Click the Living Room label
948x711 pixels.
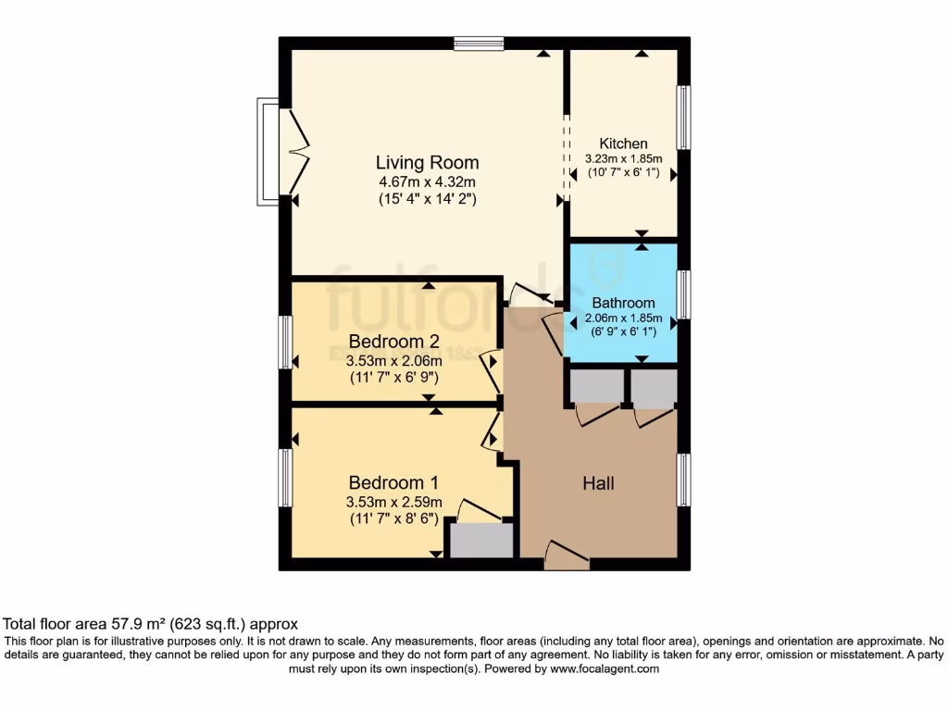pyautogui.click(x=427, y=163)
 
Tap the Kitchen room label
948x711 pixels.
pyautogui.click(x=623, y=143)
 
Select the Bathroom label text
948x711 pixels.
pyautogui.click(x=623, y=303)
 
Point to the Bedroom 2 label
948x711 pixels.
pyautogui.click(x=393, y=341)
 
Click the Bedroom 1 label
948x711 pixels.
pyautogui.click(x=393, y=482)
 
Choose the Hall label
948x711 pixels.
pyautogui.click(x=598, y=483)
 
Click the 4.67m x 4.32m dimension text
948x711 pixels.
pyautogui.click(x=427, y=181)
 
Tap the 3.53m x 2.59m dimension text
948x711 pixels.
pyautogui.click(x=393, y=502)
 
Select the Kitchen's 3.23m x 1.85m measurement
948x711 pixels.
pyautogui.click(x=623, y=158)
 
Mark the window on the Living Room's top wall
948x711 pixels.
pyautogui.click(x=479, y=43)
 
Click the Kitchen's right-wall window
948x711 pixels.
pyautogui.click(x=683, y=118)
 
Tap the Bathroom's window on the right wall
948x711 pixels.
pyautogui.click(x=683, y=294)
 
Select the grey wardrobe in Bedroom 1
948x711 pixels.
pyautogui.click(x=480, y=541)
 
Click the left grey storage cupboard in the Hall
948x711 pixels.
pyautogui.click(x=596, y=388)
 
